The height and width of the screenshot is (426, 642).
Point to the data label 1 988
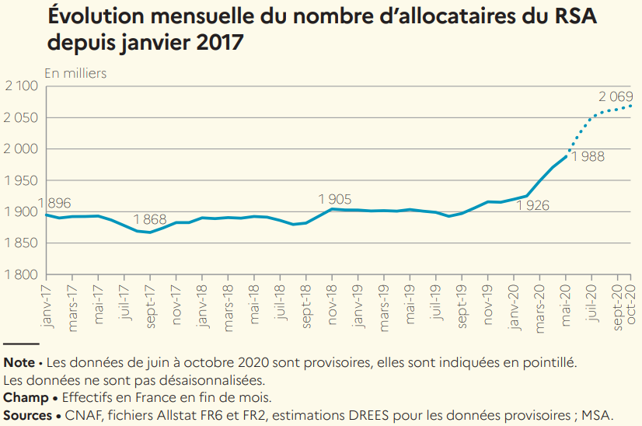(x=588, y=156)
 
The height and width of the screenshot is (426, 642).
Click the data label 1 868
(x=149, y=219)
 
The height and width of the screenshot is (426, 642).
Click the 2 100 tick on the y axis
(x=22, y=86)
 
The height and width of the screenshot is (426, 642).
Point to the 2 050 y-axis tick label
(x=22, y=117)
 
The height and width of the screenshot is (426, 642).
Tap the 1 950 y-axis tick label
(x=22, y=180)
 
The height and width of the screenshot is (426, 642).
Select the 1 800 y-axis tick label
(x=22, y=274)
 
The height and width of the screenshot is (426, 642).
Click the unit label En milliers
(x=75, y=73)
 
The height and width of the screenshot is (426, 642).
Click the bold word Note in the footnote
(x=19, y=362)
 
